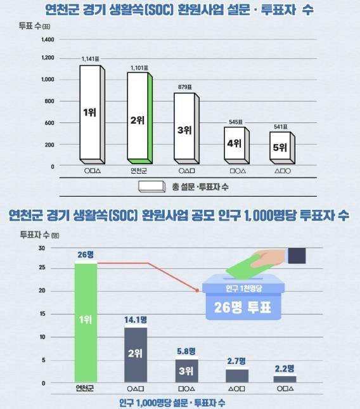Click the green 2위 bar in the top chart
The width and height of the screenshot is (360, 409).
click(x=138, y=117)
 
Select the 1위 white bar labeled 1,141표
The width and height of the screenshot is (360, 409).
click(x=89, y=113)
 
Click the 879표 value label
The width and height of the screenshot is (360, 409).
click(x=185, y=86)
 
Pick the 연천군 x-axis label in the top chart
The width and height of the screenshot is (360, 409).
click(x=139, y=171)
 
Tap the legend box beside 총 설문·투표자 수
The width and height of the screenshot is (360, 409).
click(x=150, y=186)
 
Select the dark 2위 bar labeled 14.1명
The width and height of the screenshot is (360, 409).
click(x=135, y=354)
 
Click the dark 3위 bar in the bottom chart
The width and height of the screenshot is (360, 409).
click(x=185, y=370)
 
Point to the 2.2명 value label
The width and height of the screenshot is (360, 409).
click(x=285, y=369)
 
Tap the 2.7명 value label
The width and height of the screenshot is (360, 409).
click(x=236, y=361)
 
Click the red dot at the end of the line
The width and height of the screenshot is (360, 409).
click(x=198, y=291)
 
